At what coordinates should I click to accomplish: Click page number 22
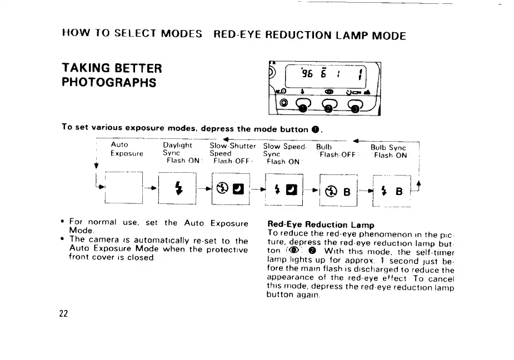click(64, 313)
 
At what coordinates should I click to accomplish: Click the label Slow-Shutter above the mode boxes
click(233, 146)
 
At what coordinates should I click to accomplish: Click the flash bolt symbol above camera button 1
click(302, 91)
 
